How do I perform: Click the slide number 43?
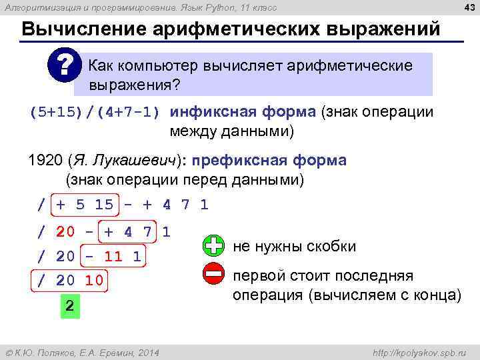(469, 7)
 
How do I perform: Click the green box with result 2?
(69, 306)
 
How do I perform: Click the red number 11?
(113, 257)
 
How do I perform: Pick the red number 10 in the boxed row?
(94, 281)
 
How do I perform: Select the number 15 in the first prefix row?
(104, 205)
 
